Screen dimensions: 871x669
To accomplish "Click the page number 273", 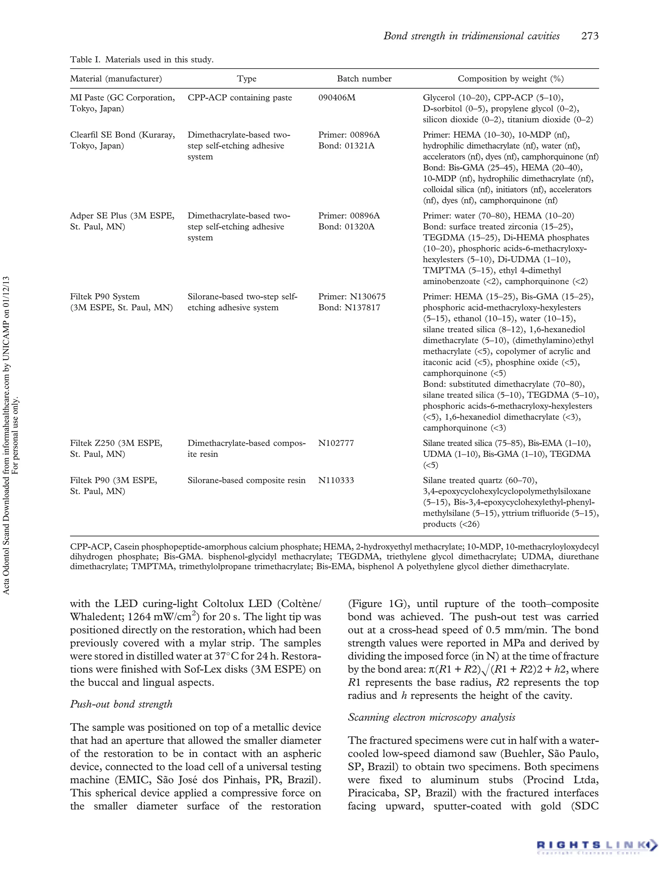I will [x=590, y=36].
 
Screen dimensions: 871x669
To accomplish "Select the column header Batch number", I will [x=364, y=79].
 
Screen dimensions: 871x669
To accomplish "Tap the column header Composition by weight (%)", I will [x=511, y=79].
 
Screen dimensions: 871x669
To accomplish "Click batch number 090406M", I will [x=336, y=98].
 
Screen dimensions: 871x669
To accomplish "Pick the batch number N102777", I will [x=336, y=443].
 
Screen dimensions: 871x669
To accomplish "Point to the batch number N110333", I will [x=336, y=480].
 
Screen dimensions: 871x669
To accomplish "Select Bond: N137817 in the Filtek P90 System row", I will [x=349, y=308].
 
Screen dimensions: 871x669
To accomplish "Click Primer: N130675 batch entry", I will [x=351, y=297].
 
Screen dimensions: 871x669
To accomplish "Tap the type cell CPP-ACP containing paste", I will [x=240, y=98].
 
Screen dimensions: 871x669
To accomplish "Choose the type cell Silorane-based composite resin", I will [x=247, y=480].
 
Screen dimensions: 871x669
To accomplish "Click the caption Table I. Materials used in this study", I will [x=142, y=60].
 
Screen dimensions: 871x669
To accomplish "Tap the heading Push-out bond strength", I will [x=121, y=704].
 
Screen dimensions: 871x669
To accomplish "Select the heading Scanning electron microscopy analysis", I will [x=431, y=717].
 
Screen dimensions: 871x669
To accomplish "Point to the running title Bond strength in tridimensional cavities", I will [x=471, y=36].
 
